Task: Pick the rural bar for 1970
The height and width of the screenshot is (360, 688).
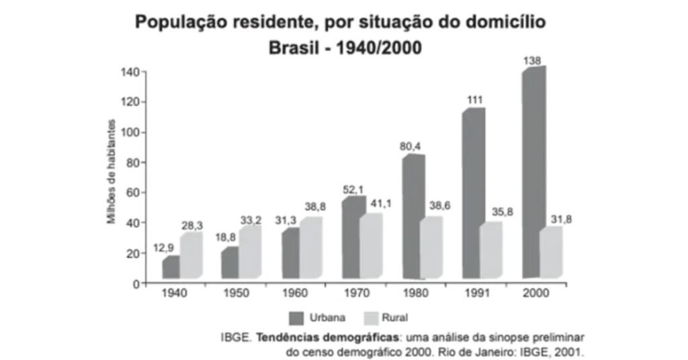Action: (x=370, y=245)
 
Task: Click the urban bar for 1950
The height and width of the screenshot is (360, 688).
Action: (x=230, y=262)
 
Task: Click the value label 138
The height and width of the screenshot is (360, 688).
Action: (x=533, y=60)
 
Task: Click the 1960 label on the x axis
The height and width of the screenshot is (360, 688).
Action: (x=295, y=294)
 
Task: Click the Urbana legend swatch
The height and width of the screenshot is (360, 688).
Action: (x=297, y=317)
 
